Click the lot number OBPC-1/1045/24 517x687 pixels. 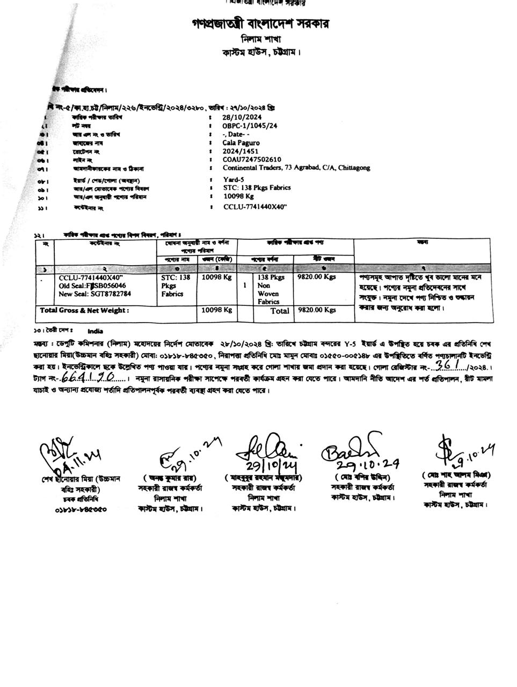click(x=250, y=126)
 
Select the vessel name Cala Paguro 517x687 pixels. click(x=241, y=143)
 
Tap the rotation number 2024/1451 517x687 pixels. click(x=239, y=151)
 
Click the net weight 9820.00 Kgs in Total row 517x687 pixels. click(x=317, y=310)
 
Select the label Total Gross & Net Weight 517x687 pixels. click(x=84, y=311)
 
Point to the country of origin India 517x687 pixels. click(x=94, y=331)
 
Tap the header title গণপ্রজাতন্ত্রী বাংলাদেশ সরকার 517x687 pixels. click(x=260, y=24)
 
